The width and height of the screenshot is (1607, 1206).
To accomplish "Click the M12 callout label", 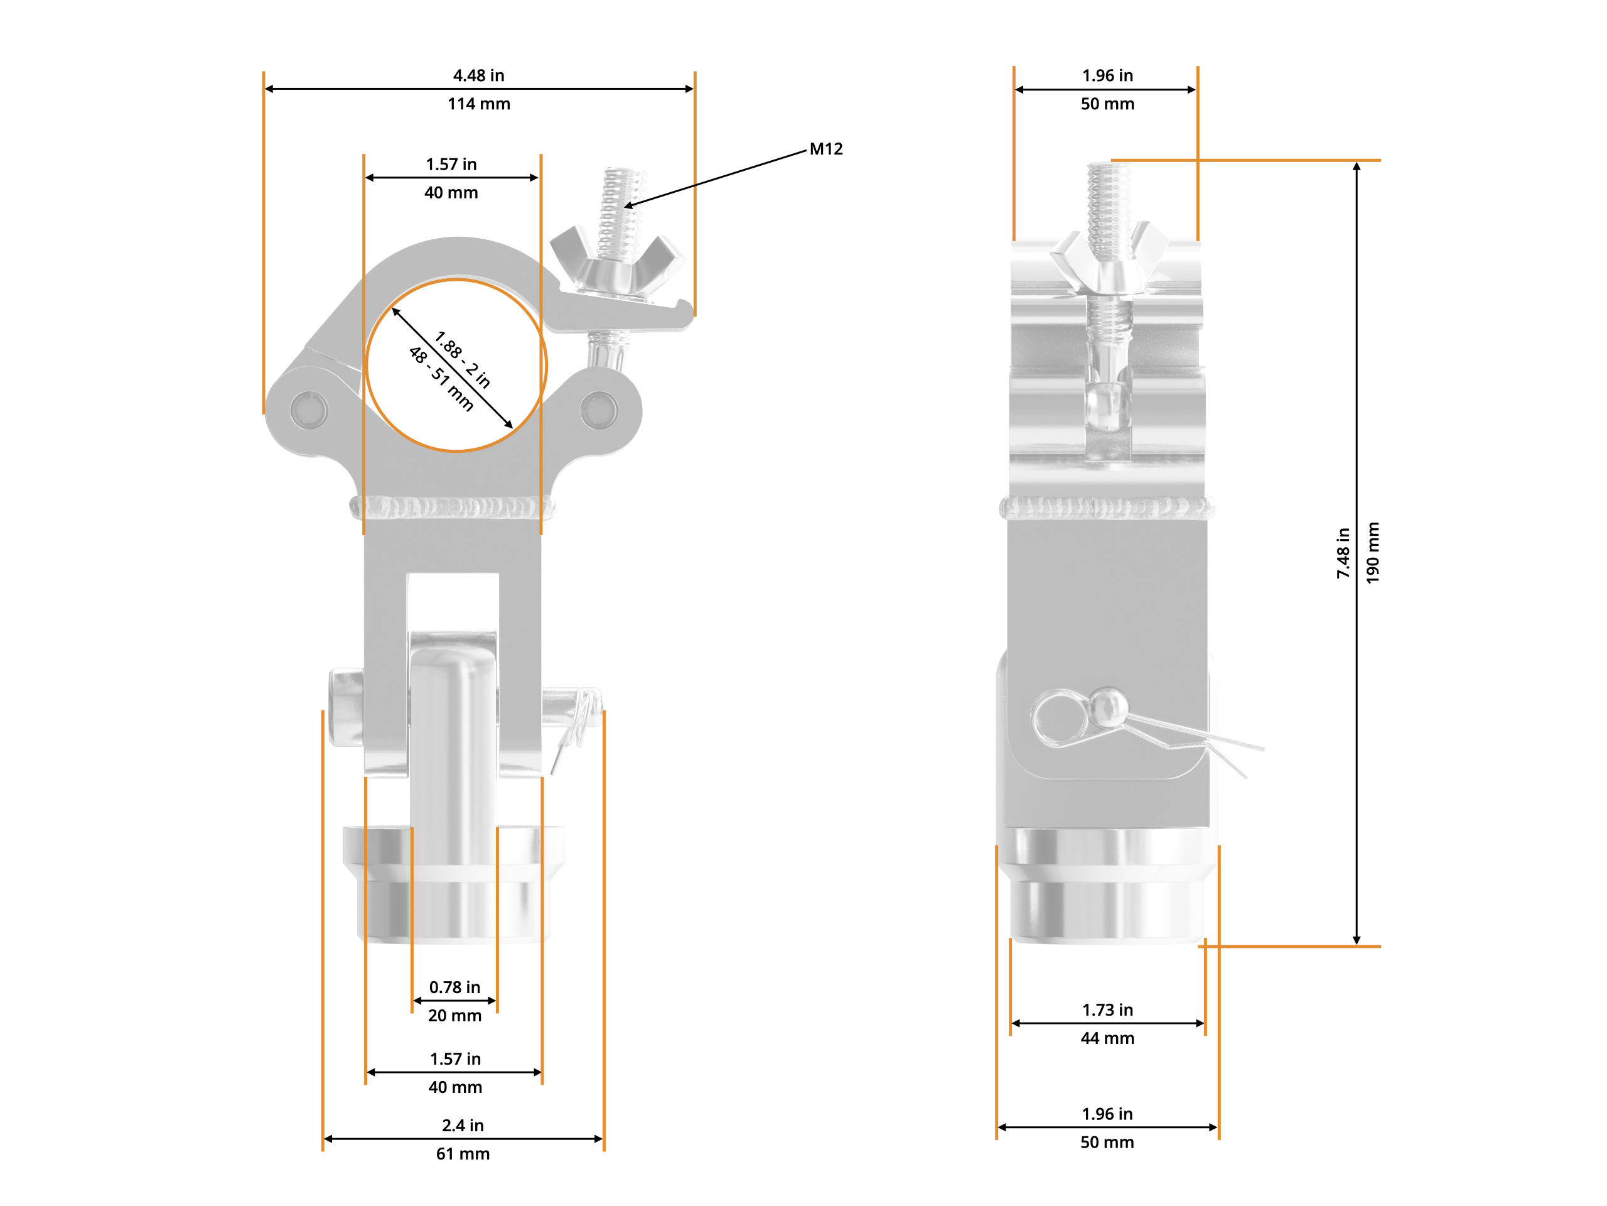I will pyautogui.click(x=826, y=149).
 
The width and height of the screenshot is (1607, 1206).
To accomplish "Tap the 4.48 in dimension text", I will pyautogui.click(x=479, y=75).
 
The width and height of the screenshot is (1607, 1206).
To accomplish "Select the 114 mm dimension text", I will pyautogui.click(x=479, y=104).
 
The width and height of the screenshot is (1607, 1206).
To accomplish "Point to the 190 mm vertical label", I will pyautogui.click(x=1372, y=553).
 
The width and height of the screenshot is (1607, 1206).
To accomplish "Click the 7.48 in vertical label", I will pyautogui.click(x=1343, y=553).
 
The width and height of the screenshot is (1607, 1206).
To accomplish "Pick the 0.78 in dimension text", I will pyautogui.click(x=454, y=987).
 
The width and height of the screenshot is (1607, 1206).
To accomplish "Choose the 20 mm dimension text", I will pyautogui.click(x=454, y=1016).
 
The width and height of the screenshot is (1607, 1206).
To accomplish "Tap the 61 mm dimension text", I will pyautogui.click(x=463, y=1154).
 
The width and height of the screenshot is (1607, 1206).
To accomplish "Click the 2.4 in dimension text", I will pyautogui.click(x=463, y=1126).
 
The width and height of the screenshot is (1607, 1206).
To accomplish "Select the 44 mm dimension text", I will pyautogui.click(x=1107, y=1038).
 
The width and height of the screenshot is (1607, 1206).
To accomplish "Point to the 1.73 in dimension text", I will pyautogui.click(x=1107, y=1010).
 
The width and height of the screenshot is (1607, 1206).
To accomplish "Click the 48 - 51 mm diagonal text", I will pyautogui.click(x=441, y=379).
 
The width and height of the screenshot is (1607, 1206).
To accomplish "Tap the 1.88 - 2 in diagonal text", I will pyautogui.click(x=463, y=359).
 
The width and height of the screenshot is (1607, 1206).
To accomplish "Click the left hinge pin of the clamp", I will pyautogui.click(x=309, y=410).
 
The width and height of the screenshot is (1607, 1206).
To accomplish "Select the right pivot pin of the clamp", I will pyautogui.click(x=599, y=410).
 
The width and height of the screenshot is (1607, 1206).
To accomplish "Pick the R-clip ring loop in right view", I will pyautogui.click(x=1061, y=718).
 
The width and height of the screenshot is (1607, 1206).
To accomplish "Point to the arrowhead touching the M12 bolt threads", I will pyautogui.click(x=628, y=207).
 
